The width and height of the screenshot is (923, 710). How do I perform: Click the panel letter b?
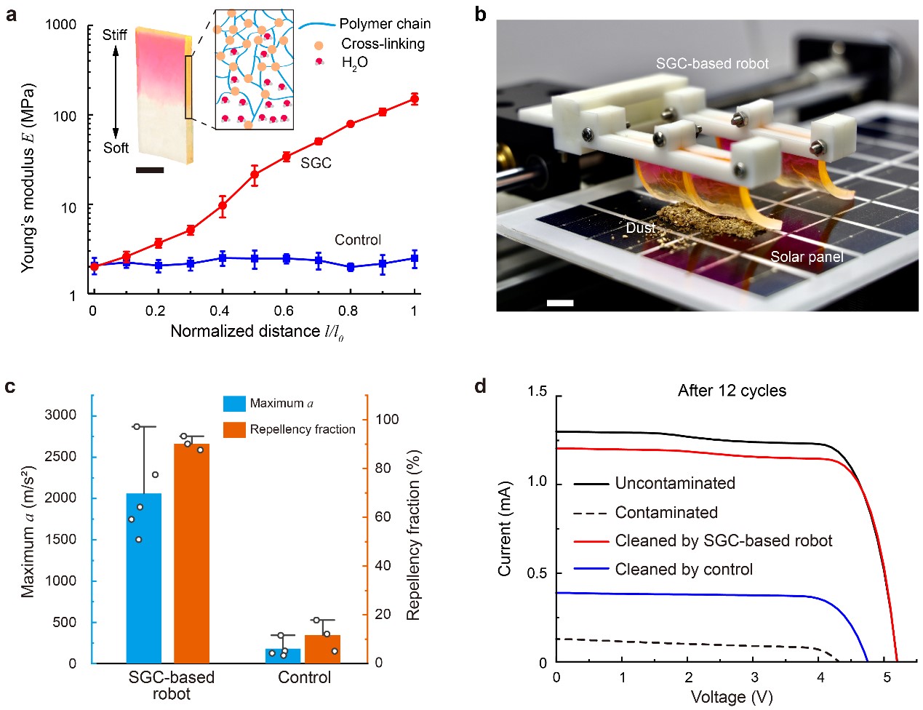(x=480, y=13)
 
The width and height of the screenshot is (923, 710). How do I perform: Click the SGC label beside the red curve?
(x=316, y=163)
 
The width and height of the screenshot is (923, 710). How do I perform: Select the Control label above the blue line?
(x=357, y=240)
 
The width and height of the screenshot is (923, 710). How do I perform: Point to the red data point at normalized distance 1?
(x=415, y=98)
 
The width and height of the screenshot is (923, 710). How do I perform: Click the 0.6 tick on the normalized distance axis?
(x=284, y=311)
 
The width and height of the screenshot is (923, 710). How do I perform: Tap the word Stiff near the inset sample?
(x=114, y=35)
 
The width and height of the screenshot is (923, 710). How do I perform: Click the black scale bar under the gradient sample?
(x=150, y=170)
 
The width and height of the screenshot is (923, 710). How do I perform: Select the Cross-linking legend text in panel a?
(x=383, y=44)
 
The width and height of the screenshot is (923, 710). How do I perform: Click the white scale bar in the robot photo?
(x=560, y=303)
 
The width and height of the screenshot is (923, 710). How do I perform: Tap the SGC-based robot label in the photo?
(x=711, y=64)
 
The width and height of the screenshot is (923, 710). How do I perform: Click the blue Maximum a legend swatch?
(x=234, y=404)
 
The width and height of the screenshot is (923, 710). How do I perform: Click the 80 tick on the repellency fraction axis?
(x=383, y=468)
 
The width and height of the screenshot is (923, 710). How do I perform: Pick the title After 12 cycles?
(x=732, y=391)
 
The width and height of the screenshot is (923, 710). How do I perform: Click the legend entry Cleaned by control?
(x=684, y=570)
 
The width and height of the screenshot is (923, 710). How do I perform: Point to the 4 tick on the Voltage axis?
(x=820, y=677)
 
